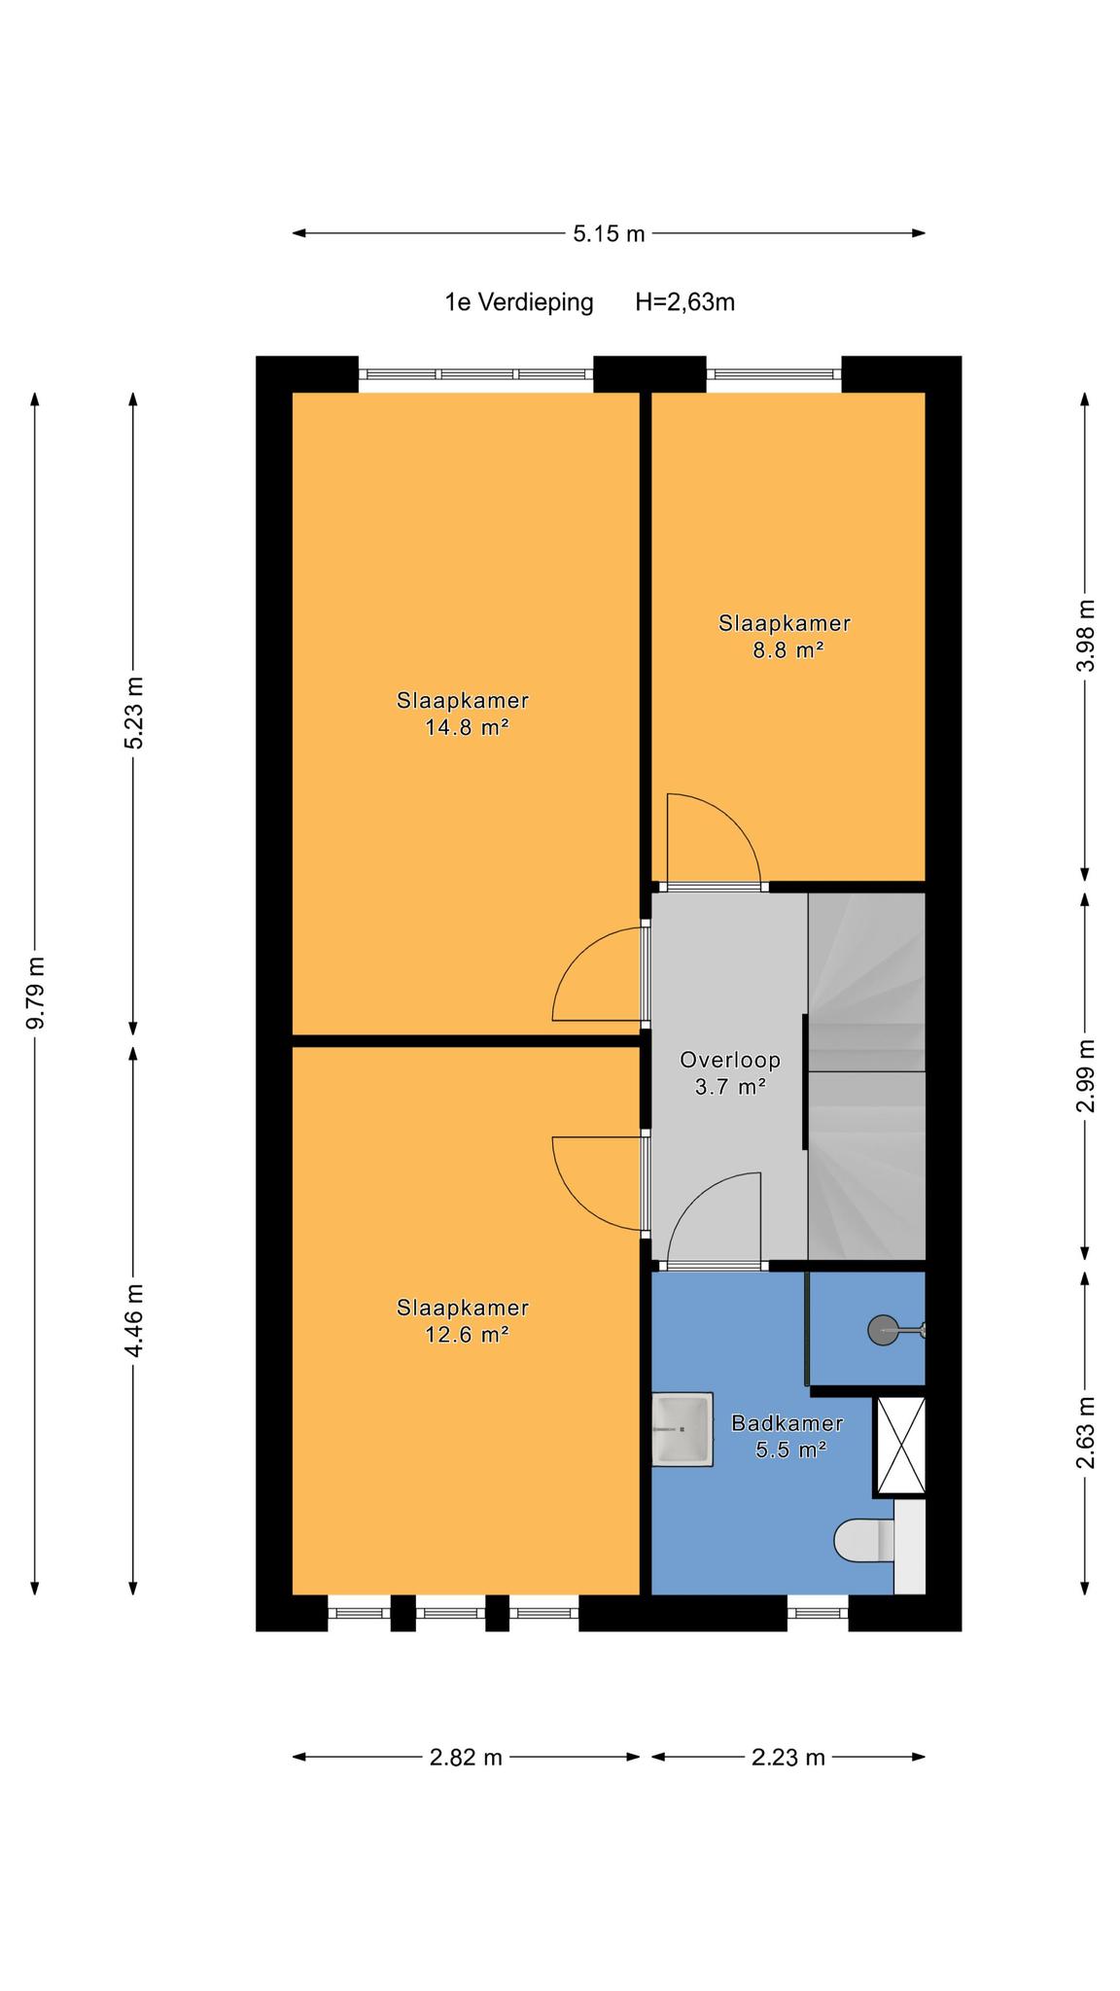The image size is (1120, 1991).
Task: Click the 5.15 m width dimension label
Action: (609, 233)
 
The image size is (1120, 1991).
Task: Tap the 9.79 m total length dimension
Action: (36, 992)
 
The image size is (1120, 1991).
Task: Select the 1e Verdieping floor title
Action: (519, 302)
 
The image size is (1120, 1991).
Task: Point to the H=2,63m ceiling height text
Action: (684, 302)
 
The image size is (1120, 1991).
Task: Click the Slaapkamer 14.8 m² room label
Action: (463, 714)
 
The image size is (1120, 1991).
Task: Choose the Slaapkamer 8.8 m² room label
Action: (785, 637)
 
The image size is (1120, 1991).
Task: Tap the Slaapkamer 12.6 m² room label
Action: (463, 1321)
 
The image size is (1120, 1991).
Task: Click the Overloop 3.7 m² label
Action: (730, 1073)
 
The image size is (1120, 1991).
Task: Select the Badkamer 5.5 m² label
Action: (787, 1437)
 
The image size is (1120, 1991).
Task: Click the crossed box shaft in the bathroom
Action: (900, 1446)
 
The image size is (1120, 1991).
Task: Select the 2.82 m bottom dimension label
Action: (466, 1758)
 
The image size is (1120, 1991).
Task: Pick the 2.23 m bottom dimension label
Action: (788, 1758)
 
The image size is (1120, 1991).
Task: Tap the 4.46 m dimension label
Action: (133, 1321)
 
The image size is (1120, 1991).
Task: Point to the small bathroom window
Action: (818, 1614)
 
